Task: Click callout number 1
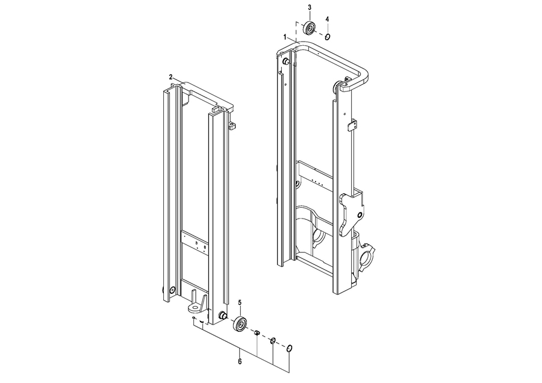click(x=285, y=36)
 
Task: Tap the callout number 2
click(x=171, y=76)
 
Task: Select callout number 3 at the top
click(x=310, y=7)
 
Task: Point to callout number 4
click(x=328, y=19)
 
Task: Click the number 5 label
click(x=240, y=303)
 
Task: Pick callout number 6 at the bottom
click(x=240, y=361)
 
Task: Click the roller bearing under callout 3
click(x=310, y=28)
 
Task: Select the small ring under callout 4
click(x=328, y=36)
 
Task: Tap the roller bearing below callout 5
click(x=240, y=323)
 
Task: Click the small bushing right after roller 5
click(x=257, y=332)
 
